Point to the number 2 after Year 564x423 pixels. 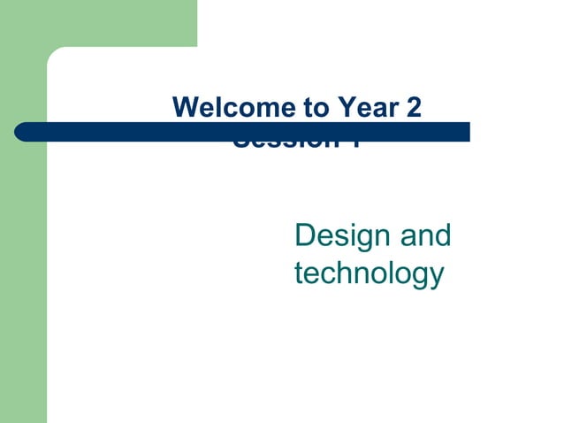(413, 108)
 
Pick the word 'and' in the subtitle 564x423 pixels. (425, 236)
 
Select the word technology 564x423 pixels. (368, 273)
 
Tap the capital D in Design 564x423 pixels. (305, 236)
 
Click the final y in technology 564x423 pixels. (434, 276)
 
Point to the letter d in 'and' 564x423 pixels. (442, 236)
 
